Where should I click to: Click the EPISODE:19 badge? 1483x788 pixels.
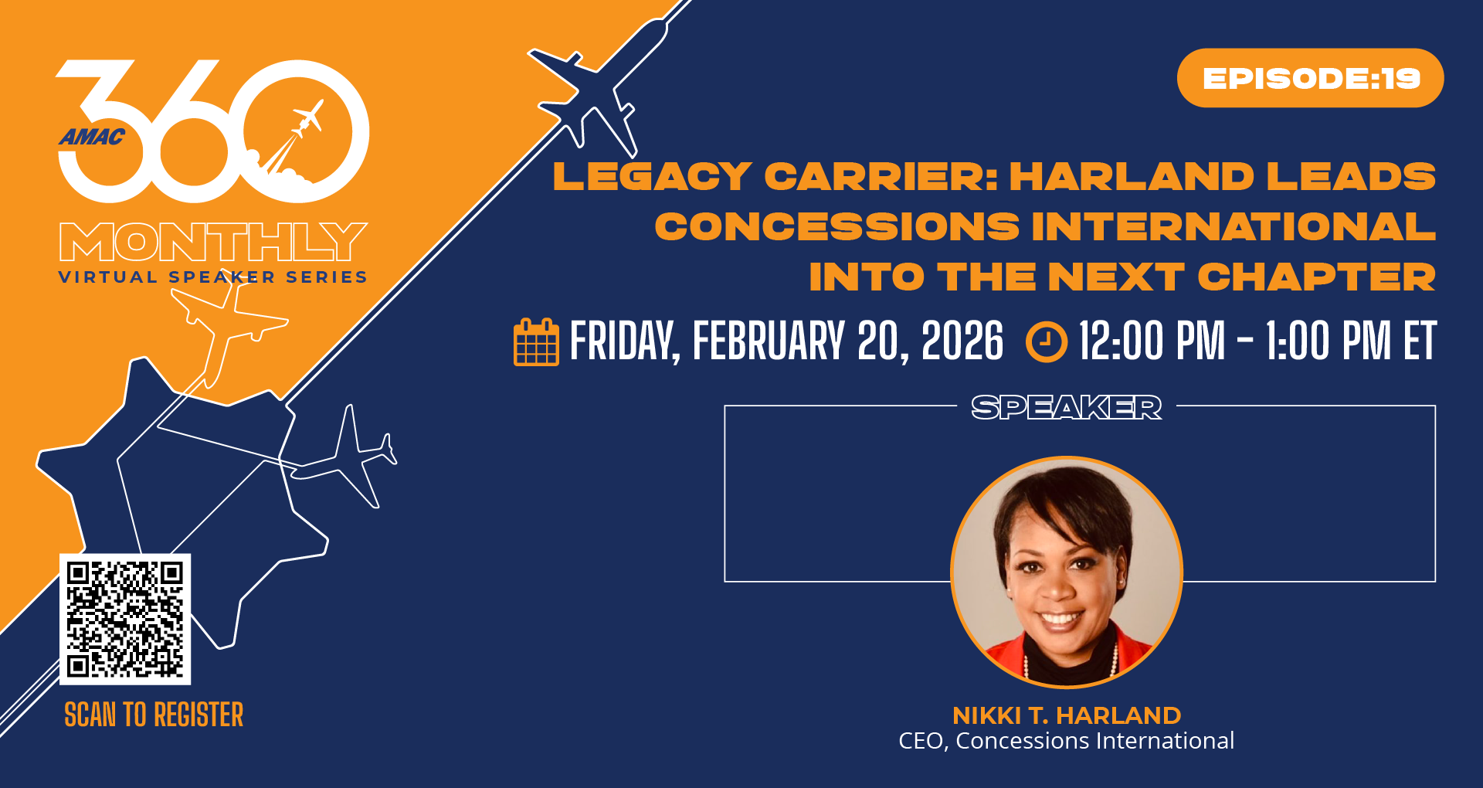1310,78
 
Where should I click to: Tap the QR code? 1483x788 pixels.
125,619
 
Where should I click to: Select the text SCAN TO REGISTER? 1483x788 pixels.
154,715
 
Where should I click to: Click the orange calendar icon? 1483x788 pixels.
536,341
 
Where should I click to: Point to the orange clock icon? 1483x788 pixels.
1047,341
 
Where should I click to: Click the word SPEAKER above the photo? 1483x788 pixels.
1066,407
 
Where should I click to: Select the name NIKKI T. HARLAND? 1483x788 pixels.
1067,715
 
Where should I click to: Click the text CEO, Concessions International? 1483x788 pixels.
1067,741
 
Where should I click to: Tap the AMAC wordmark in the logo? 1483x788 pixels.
92,138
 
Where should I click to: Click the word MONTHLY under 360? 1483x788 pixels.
213,242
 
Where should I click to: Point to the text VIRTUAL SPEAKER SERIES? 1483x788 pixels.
213,277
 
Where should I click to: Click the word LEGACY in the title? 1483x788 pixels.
653,177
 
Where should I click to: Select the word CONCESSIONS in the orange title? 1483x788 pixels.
837,227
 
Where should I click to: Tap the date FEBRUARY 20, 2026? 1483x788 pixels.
848,341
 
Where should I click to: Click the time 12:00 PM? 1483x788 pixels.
1152,341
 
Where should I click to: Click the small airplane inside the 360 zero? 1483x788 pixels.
307,118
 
